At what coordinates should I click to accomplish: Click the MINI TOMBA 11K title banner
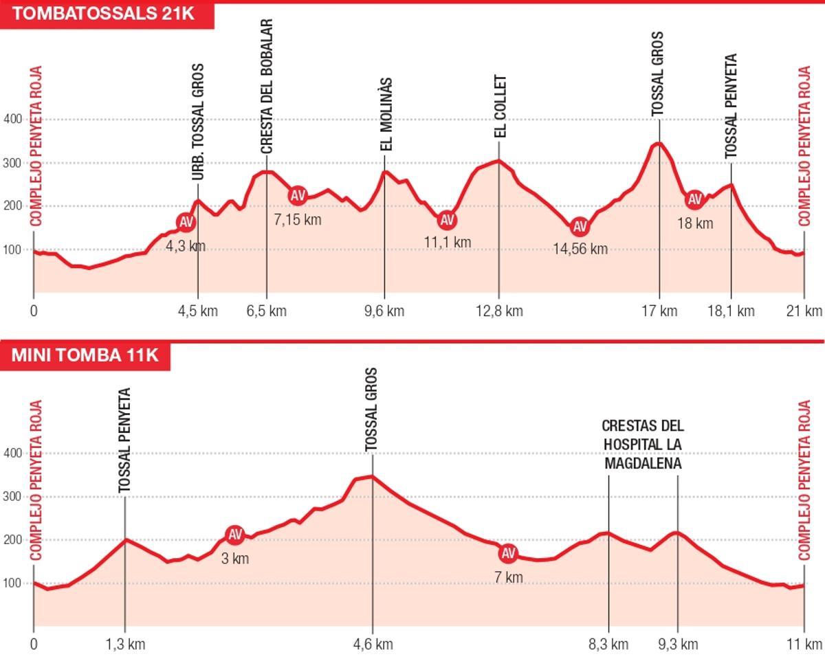point(85,355)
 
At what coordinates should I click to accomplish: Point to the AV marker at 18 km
point(694,199)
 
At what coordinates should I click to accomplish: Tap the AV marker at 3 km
point(235,535)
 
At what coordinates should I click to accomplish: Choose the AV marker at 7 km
point(508,553)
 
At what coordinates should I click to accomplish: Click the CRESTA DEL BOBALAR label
point(267,86)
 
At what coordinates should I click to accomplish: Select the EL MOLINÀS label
point(386,114)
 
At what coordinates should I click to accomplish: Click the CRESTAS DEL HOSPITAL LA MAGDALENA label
point(643,445)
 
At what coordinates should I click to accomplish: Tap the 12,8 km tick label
point(499,311)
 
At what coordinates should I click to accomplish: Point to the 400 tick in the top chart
point(13,120)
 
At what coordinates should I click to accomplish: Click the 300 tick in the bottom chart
point(13,497)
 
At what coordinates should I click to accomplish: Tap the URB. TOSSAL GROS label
point(198,122)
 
